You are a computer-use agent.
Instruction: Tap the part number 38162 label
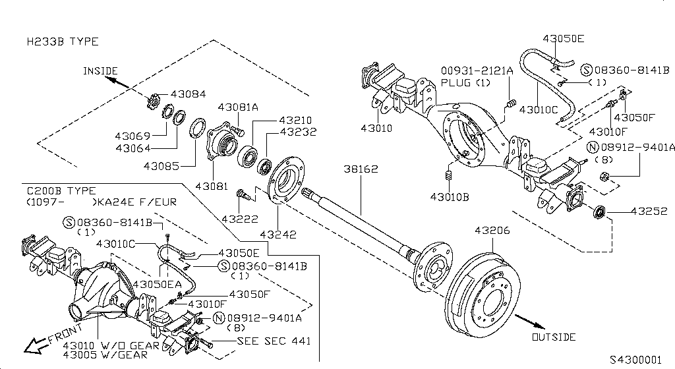tap(361, 169)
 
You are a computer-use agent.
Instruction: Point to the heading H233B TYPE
tap(63, 42)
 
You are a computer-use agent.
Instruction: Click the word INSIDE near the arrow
tap(100, 71)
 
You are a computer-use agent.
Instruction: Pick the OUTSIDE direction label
tap(553, 337)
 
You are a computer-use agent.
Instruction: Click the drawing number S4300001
tap(634, 360)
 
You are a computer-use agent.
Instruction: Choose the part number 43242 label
tap(277, 234)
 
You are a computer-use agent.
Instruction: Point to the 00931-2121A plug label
tap(477, 71)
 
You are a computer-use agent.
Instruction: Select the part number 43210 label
tap(295, 121)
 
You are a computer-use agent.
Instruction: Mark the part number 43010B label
tap(450, 196)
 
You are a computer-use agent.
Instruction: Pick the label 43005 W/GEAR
tap(96, 355)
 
